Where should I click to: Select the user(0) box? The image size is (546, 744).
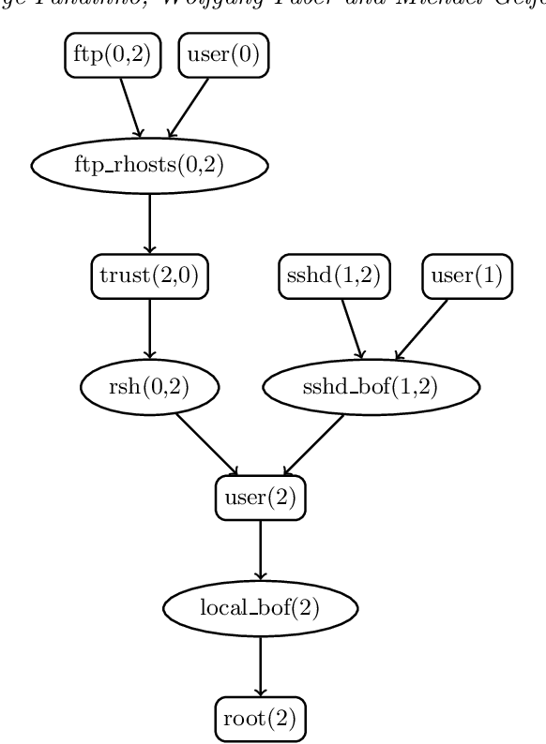(223, 55)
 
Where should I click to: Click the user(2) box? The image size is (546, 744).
(261, 497)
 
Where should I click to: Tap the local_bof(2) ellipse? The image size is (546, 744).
(261, 607)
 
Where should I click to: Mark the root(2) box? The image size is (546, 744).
(261, 719)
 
